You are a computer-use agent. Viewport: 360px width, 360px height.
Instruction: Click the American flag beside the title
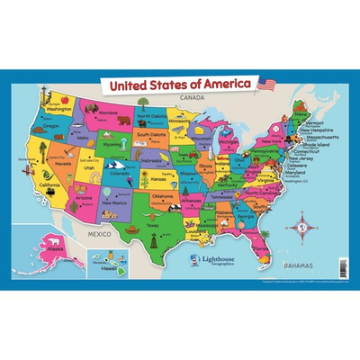(x=266, y=85)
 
